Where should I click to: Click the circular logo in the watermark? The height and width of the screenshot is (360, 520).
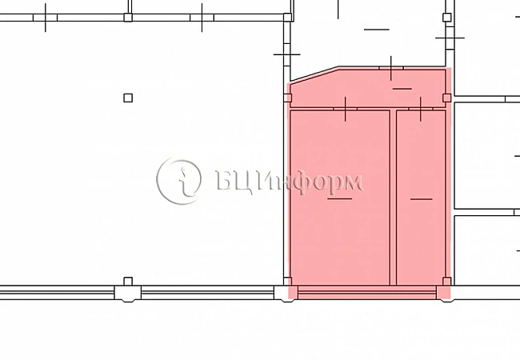click(178, 181)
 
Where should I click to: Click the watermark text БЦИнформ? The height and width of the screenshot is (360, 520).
click(290, 181)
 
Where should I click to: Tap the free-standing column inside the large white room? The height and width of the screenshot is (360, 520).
click(128, 98)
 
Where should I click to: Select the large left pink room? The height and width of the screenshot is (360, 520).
click(339, 198)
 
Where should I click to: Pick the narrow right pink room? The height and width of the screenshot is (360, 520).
click(421, 198)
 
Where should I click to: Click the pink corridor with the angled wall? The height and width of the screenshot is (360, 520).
click(367, 89)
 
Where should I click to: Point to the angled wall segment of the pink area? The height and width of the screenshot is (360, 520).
click(314, 74)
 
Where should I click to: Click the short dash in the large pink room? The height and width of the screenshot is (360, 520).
click(339, 198)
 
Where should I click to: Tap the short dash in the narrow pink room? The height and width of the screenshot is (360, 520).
click(421, 199)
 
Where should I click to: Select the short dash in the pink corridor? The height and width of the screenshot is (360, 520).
click(402, 89)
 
